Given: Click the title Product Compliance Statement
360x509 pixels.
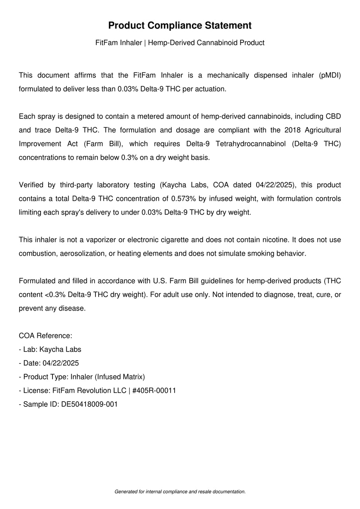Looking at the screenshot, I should pyautogui.click(x=180, y=25).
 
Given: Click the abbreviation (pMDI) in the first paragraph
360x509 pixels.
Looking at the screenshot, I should pyautogui.click(x=330, y=75).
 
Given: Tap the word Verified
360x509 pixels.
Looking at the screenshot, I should pyautogui.click(x=31, y=185).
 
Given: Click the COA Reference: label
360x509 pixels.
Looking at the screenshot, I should pyautogui.click(x=45, y=336).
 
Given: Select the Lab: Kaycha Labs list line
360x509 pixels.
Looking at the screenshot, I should pyautogui.click(x=50, y=350).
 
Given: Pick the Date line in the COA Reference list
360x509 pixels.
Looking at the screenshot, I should pyautogui.click(x=49, y=363).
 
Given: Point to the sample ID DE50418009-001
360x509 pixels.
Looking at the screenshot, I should pyautogui.click(x=90, y=404).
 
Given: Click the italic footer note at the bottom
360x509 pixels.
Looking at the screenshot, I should pyautogui.click(x=180, y=492).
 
